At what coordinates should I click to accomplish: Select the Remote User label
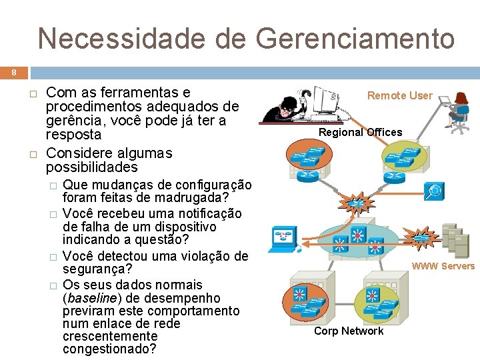pyautogui.click(x=400, y=95)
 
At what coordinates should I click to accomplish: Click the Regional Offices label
pyautogui.click(x=360, y=132)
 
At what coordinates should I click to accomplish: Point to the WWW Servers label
pyautogui.click(x=443, y=266)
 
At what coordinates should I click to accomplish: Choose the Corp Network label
pyautogui.click(x=349, y=331)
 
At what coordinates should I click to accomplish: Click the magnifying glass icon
pyautogui.click(x=434, y=191)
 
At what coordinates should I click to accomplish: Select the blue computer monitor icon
pyautogui.click(x=283, y=239)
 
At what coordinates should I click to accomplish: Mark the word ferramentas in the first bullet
pyautogui.click(x=127, y=92)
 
